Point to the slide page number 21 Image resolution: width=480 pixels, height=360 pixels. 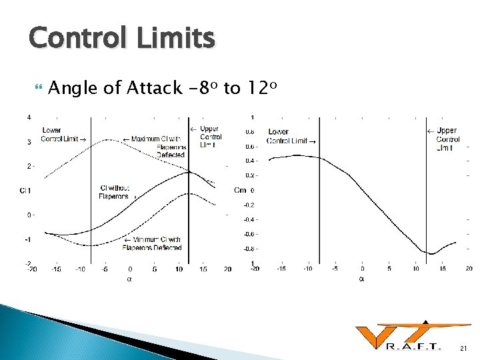click(464, 349)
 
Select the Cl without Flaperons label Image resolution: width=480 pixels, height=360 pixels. click(115, 192)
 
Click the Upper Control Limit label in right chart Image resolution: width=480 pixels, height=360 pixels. click(445, 139)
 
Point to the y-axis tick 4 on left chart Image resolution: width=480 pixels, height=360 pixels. click(28, 117)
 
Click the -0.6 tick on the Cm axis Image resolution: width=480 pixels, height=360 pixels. click(247, 234)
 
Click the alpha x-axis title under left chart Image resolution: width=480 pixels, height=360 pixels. click(129, 279)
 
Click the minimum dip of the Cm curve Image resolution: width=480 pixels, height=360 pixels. click(431, 253)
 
